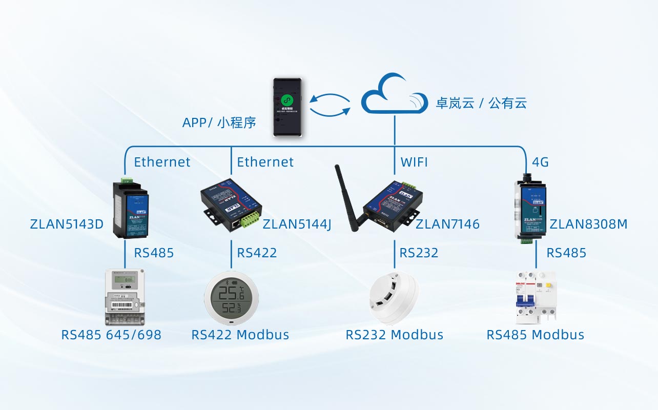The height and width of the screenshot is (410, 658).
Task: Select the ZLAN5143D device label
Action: (67, 224)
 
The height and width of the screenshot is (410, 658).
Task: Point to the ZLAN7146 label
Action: (447, 224)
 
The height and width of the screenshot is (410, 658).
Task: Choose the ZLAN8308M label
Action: (588, 224)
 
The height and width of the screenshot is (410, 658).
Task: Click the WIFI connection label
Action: (414, 162)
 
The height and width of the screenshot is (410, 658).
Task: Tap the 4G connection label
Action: (540, 162)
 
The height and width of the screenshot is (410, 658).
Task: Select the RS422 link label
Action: (257, 253)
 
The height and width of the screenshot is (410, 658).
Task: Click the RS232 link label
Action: (419, 253)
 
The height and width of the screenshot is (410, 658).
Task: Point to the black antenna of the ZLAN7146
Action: (347, 197)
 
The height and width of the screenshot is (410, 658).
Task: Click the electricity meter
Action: (125, 297)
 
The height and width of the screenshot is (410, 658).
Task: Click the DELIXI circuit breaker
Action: (536, 297)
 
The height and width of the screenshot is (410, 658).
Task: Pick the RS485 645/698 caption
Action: (111, 335)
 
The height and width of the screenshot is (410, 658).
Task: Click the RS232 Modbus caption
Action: (394, 335)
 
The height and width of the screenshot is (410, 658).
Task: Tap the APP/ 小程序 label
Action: (219, 123)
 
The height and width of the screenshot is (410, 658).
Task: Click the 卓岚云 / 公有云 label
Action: (481, 103)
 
